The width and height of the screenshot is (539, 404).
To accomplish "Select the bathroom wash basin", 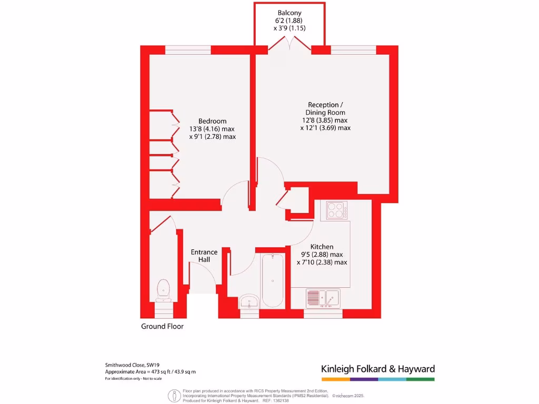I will click(x=248, y=302).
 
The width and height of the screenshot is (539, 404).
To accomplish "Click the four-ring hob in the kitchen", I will click(x=337, y=210).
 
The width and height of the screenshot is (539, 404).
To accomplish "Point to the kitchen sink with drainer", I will click(x=323, y=298).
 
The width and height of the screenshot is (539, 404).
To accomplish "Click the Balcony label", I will click(x=290, y=12).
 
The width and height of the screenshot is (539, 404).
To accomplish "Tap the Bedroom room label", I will click(x=212, y=120).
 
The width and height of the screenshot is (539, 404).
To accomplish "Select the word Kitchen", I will click(x=322, y=246).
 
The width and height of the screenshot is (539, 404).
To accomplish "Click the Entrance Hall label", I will click(x=204, y=256).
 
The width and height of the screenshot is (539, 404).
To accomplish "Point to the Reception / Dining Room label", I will click(x=326, y=108).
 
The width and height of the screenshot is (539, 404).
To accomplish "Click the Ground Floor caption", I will click(x=162, y=326).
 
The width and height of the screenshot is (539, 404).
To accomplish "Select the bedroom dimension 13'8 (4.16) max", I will click(x=212, y=128).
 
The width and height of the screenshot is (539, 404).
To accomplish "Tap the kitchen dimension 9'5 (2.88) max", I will click(x=322, y=254).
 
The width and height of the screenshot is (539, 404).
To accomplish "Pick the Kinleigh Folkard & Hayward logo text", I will click(x=378, y=369).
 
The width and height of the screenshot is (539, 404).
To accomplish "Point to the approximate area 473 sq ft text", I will click(x=151, y=372).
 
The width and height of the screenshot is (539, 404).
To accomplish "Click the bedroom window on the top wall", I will click(x=188, y=50).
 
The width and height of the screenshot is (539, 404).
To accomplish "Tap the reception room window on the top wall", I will click(x=353, y=50).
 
